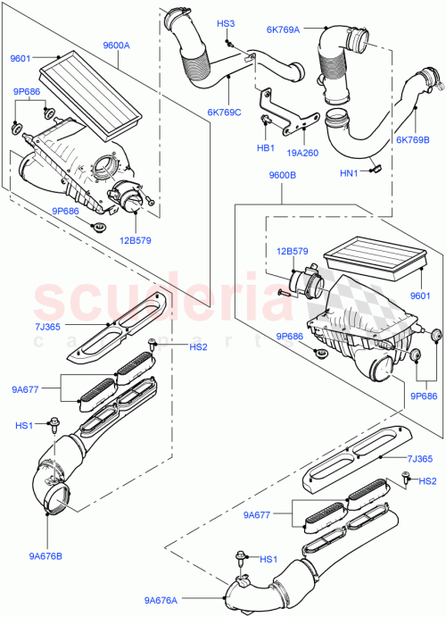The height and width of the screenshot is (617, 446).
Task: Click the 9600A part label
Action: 116,46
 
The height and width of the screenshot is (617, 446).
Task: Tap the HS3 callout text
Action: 226,23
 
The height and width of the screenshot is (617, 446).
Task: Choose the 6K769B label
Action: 413,139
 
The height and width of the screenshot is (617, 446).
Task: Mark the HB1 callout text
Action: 265,147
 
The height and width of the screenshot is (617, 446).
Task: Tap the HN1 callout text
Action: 349,173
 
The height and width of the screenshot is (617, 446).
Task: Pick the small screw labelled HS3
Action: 229,41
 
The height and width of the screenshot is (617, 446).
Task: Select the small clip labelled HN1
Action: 376,165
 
